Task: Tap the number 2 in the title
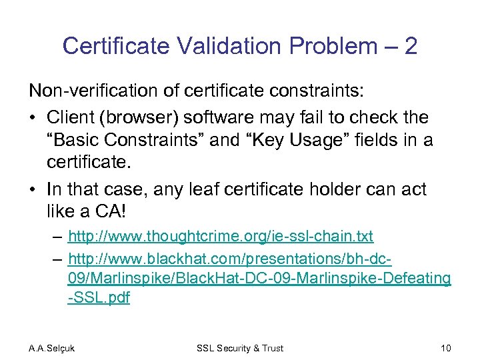(411, 46)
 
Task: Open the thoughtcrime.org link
(221, 236)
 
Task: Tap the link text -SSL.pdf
(99, 298)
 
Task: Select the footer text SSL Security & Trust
(240, 348)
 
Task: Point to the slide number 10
(445, 348)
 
